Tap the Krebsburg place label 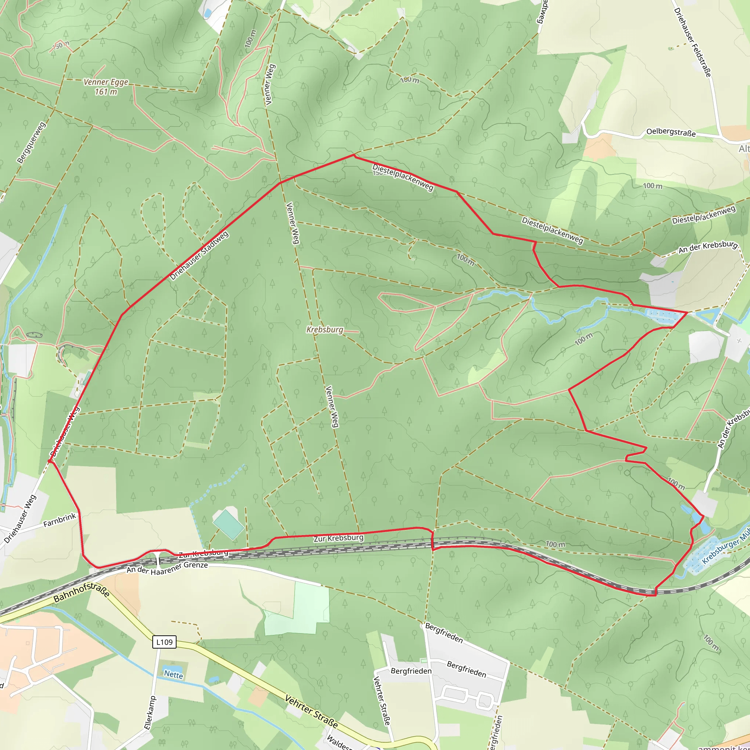325,330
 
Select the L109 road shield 164,642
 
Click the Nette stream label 173,675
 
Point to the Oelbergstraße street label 671,132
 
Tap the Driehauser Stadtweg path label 199,256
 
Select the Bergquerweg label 31,142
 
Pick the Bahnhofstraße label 82,592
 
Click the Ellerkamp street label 150,713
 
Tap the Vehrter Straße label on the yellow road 311,712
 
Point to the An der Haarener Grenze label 167,569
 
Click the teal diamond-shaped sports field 228,525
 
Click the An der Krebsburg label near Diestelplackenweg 708,247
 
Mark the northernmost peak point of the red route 354,155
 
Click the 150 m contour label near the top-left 61,46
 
